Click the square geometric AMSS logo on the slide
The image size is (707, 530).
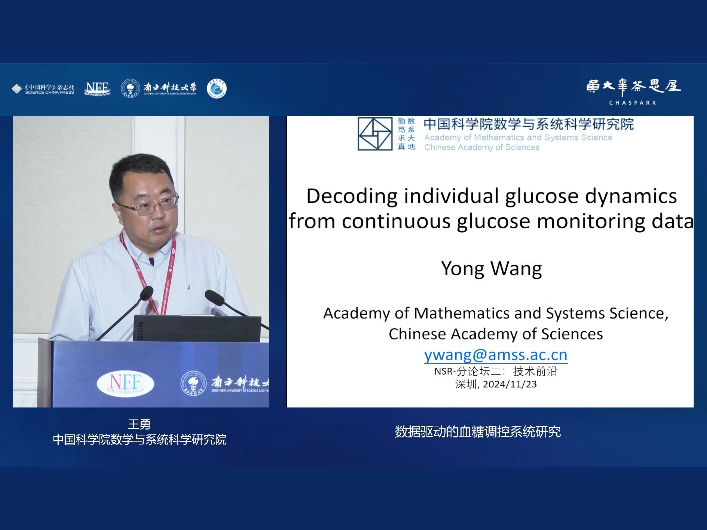(375, 134)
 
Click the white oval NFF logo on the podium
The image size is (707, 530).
(125, 383)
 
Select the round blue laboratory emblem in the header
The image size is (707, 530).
(217, 89)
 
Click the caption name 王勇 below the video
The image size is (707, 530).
(139, 424)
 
